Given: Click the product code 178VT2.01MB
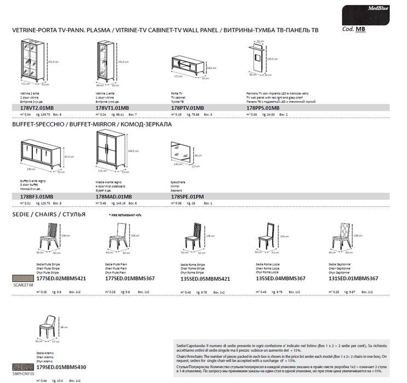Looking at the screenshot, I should tap(33, 108).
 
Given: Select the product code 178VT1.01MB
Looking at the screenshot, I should tap(112, 108).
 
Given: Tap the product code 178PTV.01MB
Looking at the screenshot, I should tap(187, 108).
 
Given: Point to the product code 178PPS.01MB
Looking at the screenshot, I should tap(263, 108).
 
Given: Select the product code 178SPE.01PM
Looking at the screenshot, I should tap(188, 196).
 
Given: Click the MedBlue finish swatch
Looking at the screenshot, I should tap(364, 14).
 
